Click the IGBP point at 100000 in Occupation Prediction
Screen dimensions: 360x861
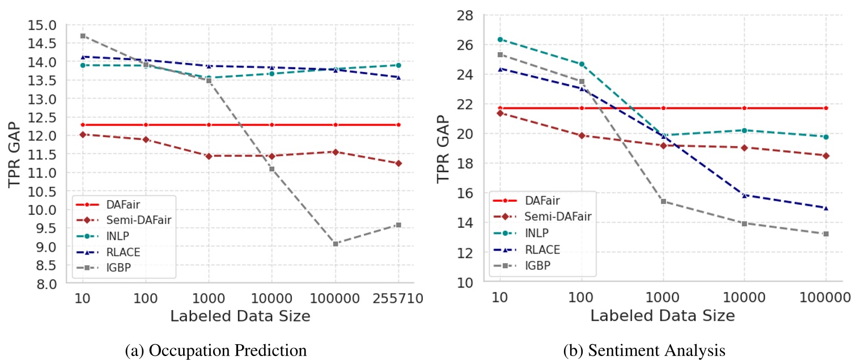(x=335, y=244)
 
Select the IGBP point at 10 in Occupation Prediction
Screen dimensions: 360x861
(x=83, y=36)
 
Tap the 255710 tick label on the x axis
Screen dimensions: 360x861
(x=398, y=298)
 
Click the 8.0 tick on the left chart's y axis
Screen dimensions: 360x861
(x=49, y=283)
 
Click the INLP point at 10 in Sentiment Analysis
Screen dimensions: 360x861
(x=500, y=39)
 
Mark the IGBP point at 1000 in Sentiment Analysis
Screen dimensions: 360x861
(x=663, y=201)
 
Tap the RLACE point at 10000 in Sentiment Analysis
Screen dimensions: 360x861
(x=744, y=195)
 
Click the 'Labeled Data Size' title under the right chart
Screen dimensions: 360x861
(x=662, y=316)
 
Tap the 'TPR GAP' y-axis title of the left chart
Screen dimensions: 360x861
(x=16, y=154)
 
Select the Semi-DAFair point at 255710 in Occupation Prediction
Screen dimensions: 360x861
(x=398, y=163)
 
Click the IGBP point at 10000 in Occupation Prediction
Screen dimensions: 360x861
(x=272, y=169)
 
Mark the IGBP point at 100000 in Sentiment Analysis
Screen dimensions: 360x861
(x=825, y=234)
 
